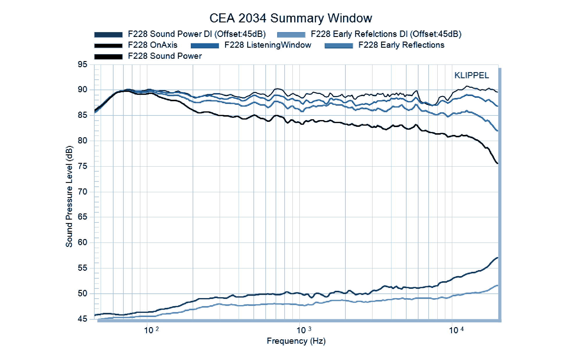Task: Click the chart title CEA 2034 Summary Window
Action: (x=291, y=18)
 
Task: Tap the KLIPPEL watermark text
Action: (x=471, y=75)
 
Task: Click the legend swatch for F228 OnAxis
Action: (x=108, y=46)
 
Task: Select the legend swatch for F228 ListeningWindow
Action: (x=205, y=46)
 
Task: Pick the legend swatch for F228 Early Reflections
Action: (x=339, y=46)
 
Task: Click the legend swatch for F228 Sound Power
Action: (x=108, y=57)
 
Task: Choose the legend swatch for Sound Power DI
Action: (x=108, y=35)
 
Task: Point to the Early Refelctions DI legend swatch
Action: (x=291, y=35)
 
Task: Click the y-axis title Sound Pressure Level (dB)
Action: (x=69, y=196)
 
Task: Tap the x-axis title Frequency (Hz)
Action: (x=296, y=341)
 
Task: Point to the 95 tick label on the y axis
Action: (x=82, y=65)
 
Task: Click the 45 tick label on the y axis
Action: (x=82, y=319)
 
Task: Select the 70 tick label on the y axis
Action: (x=82, y=192)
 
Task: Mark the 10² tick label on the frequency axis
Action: (x=151, y=330)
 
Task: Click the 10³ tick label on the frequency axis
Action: (x=304, y=330)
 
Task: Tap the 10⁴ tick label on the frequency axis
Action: (x=456, y=330)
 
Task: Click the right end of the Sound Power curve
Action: (x=498, y=163)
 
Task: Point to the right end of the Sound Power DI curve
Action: (x=498, y=258)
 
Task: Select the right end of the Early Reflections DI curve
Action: (x=498, y=286)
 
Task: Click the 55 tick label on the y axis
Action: (x=82, y=268)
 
